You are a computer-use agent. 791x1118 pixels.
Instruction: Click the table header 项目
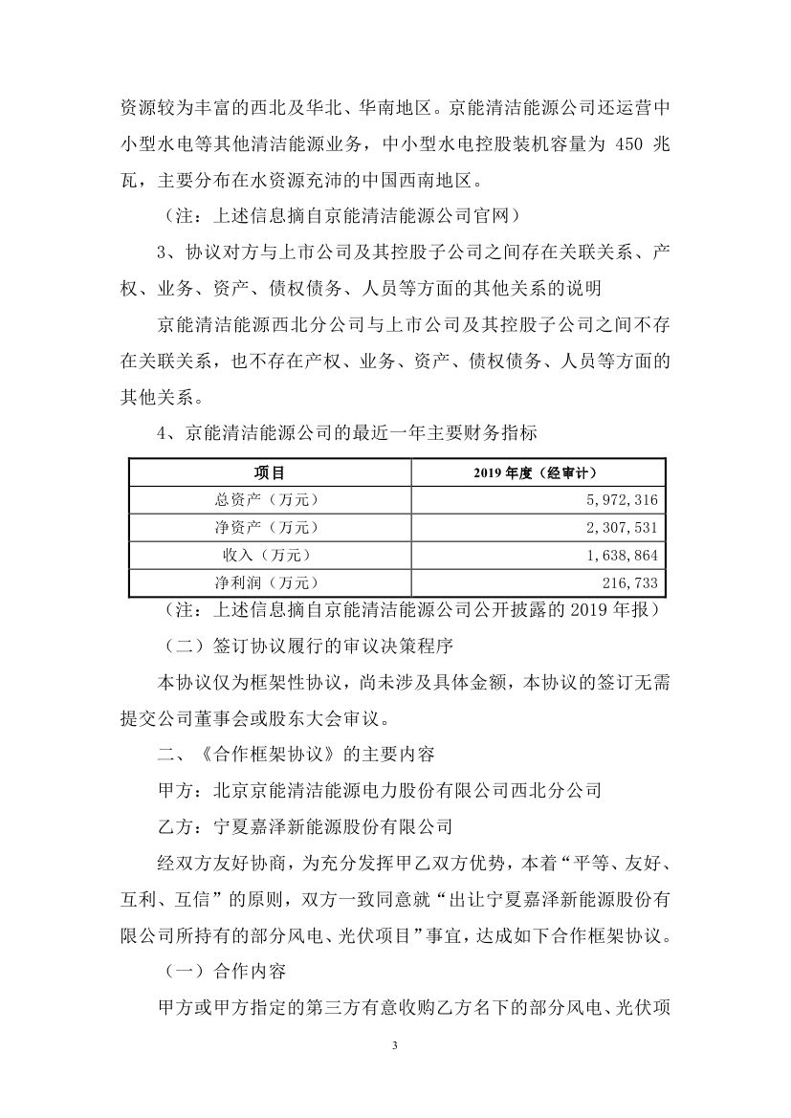269,472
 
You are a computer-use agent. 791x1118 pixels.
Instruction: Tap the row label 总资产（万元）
269,499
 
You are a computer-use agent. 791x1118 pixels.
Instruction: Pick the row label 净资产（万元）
269,527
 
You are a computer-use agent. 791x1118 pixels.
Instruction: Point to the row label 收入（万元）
269,554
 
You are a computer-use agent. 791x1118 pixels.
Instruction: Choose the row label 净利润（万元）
269,581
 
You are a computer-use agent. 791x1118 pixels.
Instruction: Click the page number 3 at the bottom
395,1044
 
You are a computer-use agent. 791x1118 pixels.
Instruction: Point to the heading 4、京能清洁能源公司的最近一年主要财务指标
347,432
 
